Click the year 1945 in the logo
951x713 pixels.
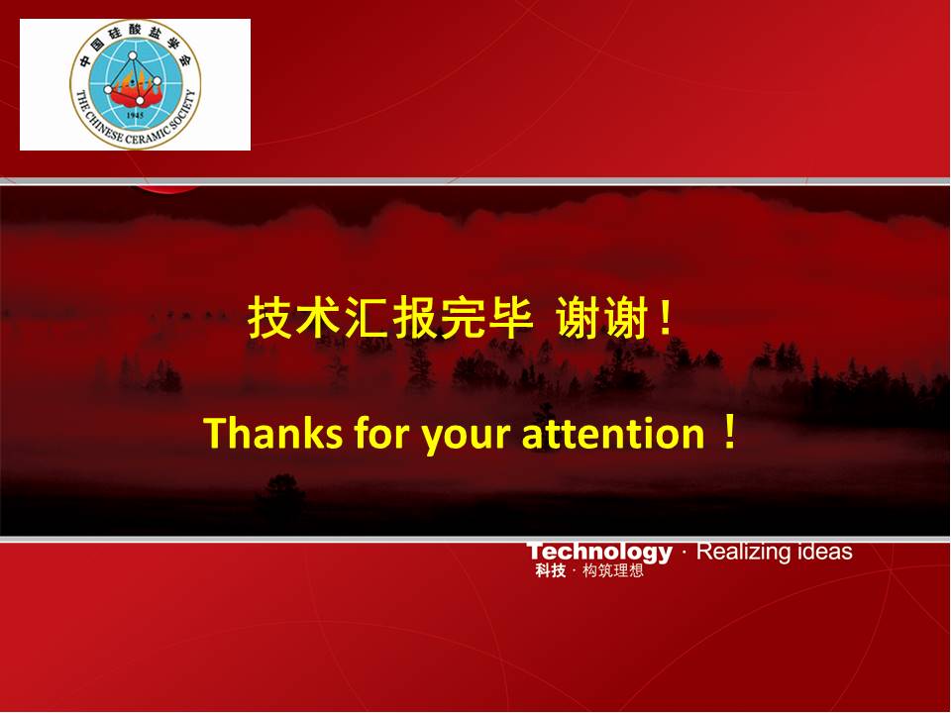136,115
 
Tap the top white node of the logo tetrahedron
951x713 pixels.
132,55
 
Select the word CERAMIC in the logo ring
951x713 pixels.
146,135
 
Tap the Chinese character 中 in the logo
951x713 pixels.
85,60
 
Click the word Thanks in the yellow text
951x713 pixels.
274,433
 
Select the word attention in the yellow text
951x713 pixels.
613,434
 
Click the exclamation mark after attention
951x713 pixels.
730,432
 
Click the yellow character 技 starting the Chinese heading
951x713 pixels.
269,318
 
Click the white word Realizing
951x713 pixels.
744,552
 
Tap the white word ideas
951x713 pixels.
825,552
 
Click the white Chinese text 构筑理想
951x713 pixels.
612,570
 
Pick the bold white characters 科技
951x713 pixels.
551,570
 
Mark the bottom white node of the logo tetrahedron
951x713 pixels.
140,101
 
